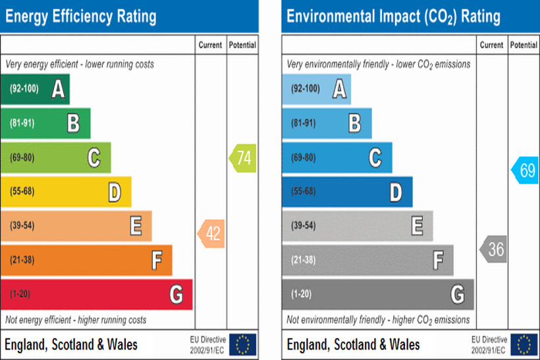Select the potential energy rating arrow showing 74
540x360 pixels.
pyautogui.click(x=242, y=158)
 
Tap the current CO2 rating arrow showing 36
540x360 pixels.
pyautogui.click(x=494, y=249)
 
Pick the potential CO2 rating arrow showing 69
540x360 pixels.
pyautogui.click(x=526, y=170)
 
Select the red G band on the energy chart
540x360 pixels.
pyautogui.click(x=96, y=294)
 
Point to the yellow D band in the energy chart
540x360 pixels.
pyautogui.click(x=66, y=192)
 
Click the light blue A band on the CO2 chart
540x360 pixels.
pyautogui.click(x=316, y=90)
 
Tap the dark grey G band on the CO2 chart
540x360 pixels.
pyautogui.click(x=377, y=294)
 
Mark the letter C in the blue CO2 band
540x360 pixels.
pyautogui.click(x=375, y=158)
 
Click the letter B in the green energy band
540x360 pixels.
pyautogui.click(x=74, y=124)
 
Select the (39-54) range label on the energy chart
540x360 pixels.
pyautogui.click(x=22, y=226)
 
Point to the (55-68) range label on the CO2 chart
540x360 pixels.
pyautogui.click(x=303, y=192)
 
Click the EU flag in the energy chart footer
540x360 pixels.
pyautogui.click(x=243, y=344)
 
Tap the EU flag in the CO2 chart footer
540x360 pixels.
pyautogui.click(x=524, y=344)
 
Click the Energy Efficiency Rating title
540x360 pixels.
pyautogui.click(x=81, y=16)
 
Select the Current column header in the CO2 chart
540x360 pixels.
pyautogui.click(x=491, y=45)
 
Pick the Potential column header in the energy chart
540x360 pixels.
pyautogui.click(x=242, y=45)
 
